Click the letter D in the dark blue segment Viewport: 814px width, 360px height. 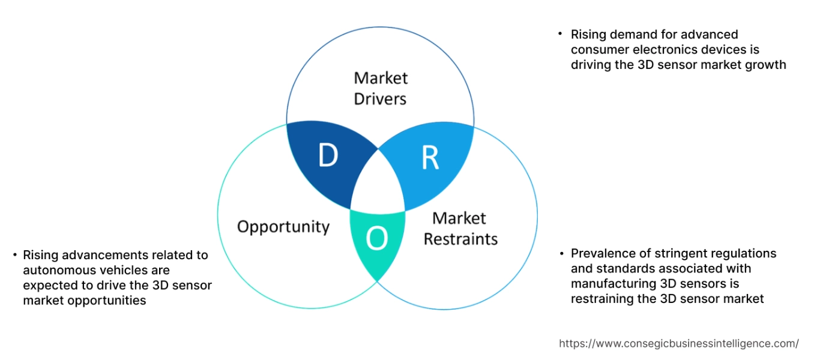coord(328,156)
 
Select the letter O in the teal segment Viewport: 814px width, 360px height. coord(377,239)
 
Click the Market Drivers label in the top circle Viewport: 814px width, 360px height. coord(380,88)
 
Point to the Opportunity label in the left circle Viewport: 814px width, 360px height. coord(283,227)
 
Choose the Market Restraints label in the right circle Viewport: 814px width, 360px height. coord(460,229)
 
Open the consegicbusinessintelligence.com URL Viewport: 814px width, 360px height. coord(679,344)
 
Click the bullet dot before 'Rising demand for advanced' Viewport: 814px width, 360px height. coord(560,34)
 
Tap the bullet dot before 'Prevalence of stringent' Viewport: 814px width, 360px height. coord(560,253)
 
